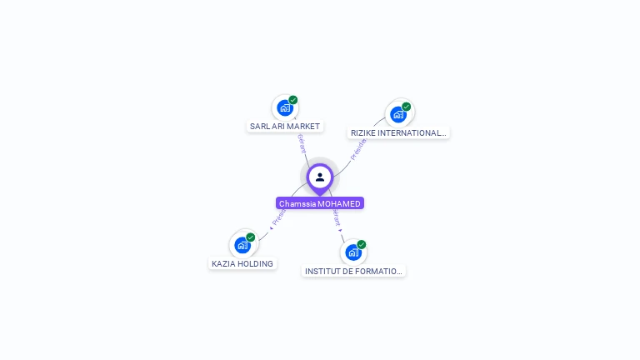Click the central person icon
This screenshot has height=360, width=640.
320,177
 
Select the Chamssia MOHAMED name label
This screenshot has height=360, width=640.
320,203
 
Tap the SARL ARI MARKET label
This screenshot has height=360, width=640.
285,127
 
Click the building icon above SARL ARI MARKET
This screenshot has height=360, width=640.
285,108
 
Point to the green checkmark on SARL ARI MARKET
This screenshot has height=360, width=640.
293,100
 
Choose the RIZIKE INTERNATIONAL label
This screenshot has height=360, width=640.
398,132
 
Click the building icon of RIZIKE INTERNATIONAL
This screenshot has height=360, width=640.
398,114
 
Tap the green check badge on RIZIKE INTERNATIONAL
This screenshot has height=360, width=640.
407,107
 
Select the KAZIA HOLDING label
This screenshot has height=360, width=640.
242,263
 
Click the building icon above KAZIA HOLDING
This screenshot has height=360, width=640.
242,245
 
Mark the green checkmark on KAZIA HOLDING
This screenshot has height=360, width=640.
251,237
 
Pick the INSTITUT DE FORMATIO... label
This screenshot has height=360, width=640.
353,271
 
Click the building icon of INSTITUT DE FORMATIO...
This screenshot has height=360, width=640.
353,252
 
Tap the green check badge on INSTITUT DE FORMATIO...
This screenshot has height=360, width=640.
362,244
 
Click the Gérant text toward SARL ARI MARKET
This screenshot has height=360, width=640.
301,143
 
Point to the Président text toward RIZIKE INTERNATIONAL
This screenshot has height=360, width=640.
358,148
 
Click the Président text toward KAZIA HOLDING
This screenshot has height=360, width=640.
278,217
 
